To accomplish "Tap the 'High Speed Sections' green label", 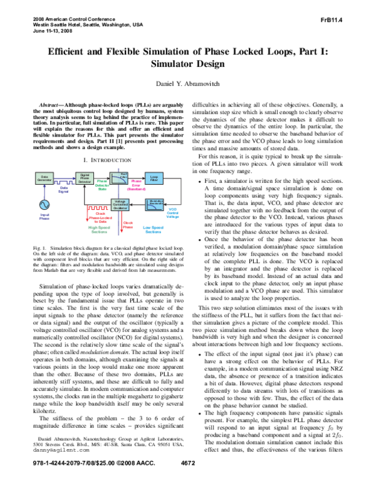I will point(101,230).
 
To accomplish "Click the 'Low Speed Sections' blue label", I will point(153,230).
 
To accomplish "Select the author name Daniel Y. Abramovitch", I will point(188,84).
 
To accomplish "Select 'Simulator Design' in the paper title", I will point(188,64).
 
